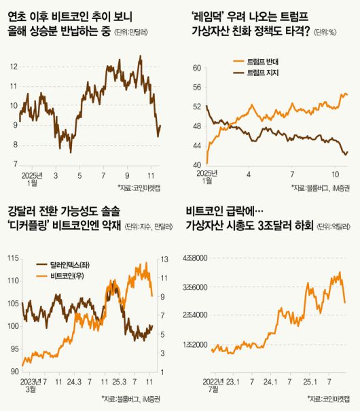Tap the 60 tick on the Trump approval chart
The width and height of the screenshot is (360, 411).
pyautogui.click(x=198, y=68)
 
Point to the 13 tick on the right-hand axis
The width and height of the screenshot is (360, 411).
pyautogui.click(x=164, y=258)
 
